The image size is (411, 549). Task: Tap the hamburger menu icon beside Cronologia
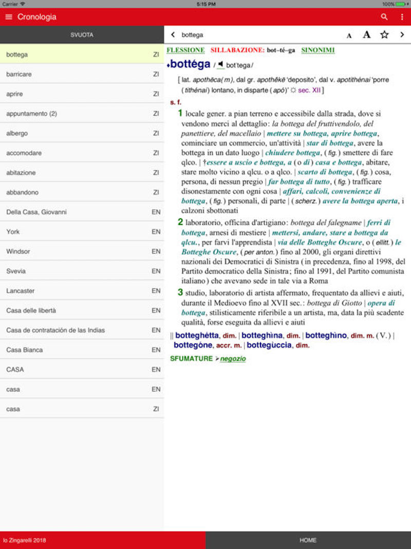point(8,17)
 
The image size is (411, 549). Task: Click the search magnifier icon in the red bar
point(384,17)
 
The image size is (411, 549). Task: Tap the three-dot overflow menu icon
point(402,17)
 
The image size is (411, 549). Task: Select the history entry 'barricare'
point(19,74)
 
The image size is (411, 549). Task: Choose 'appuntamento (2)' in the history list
point(31,114)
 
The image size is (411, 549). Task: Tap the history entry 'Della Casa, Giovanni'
point(36,212)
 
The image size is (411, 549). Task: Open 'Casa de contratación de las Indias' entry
point(55,330)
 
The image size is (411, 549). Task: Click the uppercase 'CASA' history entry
point(15,369)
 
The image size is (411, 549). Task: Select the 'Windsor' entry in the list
point(18,252)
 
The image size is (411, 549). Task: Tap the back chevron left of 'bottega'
point(173,35)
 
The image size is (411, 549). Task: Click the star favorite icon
point(384,35)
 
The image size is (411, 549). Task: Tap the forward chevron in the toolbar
point(402,35)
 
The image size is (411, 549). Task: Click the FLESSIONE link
point(185,50)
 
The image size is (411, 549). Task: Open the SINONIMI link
point(317,50)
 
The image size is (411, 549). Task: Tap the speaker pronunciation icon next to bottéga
point(220,65)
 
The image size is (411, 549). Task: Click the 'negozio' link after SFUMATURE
point(233,359)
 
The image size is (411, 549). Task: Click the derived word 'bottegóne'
point(193,345)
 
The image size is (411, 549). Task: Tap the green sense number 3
point(180,292)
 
